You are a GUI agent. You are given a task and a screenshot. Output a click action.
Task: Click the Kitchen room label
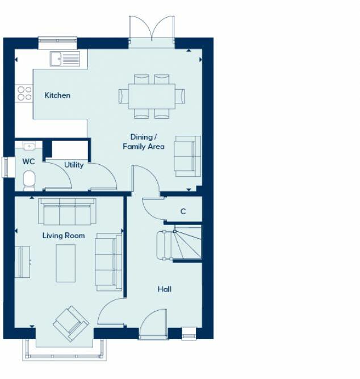tap(57, 95)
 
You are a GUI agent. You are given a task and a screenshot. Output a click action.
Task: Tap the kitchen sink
tap(65, 58)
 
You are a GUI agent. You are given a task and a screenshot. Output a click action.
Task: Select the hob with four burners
tap(24, 93)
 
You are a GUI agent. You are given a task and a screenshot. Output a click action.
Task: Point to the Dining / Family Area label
tap(143, 142)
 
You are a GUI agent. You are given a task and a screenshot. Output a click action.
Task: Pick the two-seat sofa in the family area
tap(187, 155)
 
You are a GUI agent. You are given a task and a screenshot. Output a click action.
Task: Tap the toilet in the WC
tap(29, 180)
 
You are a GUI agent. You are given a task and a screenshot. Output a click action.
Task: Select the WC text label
tap(28, 161)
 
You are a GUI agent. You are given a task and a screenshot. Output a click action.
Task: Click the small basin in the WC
tap(29, 146)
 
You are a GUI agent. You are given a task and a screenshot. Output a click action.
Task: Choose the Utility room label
tap(74, 165)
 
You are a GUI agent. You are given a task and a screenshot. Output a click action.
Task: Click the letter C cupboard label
tap(183, 211)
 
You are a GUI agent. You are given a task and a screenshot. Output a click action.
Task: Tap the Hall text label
tap(164, 289)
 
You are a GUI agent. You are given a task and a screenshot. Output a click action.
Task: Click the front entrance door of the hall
tap(153, 325)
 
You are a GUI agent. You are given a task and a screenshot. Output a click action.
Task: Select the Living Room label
tap(64, 235)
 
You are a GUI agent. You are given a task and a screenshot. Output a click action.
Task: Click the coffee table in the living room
tap(65, 263)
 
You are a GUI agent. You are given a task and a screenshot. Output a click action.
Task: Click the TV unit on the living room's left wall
tap(23, 262)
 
